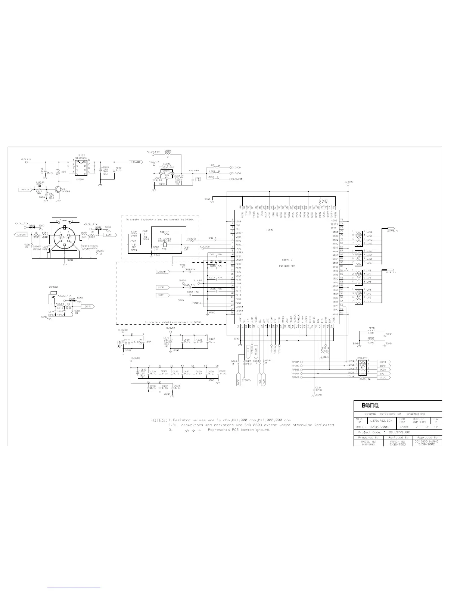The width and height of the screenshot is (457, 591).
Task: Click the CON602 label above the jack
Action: (53, 287)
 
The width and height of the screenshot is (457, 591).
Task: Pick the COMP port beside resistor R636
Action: (88, 306)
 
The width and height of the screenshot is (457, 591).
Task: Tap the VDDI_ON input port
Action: (23, 190)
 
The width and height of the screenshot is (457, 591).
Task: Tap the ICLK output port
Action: (384, 378)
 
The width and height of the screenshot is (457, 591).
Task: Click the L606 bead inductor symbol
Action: (371, 332)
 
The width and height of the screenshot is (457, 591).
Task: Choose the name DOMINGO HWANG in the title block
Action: (426, 441)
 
